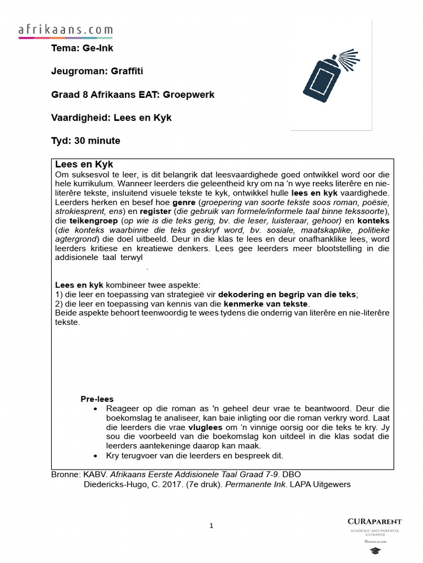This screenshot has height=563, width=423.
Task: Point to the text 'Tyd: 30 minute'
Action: pos(85,141)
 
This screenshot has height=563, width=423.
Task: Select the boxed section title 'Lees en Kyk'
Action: pos(84,164)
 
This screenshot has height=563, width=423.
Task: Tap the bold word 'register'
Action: pos(155,212)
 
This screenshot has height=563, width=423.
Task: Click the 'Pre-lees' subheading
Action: pos(97,399)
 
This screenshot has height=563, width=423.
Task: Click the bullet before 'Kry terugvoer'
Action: pos(96,456)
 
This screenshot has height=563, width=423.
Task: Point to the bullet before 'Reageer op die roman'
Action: pos(96,409)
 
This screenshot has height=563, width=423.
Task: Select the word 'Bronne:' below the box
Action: pos(66,474)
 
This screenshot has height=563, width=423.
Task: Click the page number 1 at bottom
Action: pos(211,526)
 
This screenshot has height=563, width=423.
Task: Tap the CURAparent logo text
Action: pos(375,521)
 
